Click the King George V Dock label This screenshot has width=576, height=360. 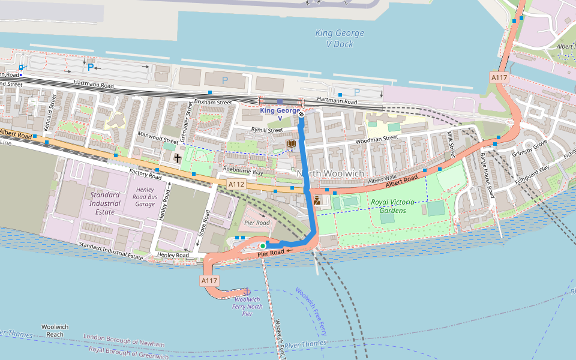[334, 39]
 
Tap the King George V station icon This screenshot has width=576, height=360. [301, 114]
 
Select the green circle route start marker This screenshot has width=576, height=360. [263, 245]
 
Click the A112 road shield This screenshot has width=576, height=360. [236, 184]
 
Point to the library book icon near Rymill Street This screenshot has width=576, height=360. [292, 144]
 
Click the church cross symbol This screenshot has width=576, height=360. [178, 158]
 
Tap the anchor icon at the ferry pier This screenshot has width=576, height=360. [245, 291]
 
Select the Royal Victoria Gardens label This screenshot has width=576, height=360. [388, 206]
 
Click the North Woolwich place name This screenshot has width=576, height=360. [330, 173]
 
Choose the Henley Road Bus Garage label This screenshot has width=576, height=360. [144, 197]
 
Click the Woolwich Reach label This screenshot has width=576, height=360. [55, 331]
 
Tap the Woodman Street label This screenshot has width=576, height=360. [377, 138]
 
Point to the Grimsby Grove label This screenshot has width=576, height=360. [530, 148]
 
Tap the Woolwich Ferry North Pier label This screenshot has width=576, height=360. [248, 306]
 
